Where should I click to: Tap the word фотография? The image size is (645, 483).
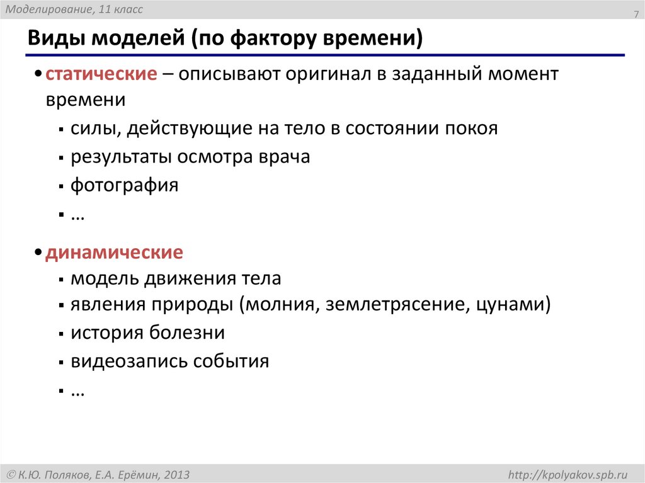click(x=124, y=185)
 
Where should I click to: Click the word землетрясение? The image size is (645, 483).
click(x=394, y=305)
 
